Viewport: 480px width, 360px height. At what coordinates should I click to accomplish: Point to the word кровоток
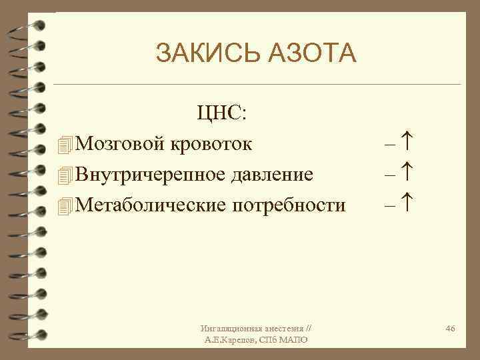[x=211, y=143]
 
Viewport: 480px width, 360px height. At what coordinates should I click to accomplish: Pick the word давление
[x=271, y=174]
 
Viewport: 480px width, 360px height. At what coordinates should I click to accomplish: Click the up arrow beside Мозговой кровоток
[x=409, y=142]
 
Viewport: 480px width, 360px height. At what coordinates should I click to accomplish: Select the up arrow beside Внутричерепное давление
[x=409, y=173]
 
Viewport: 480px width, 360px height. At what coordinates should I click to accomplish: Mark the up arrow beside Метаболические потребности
[x=409, y=204]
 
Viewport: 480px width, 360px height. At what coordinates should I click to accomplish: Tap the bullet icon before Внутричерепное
[x=64, y=175]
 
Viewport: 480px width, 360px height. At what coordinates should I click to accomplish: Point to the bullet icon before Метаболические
[x=64, y=205]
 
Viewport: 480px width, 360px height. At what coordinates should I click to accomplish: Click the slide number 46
[x=450, y=329]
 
